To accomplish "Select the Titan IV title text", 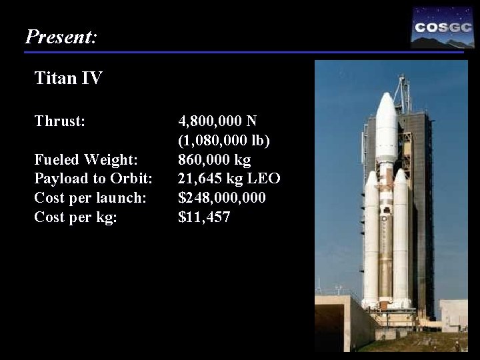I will click(x=68, y=79).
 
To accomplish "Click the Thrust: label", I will click(x=59, y=121).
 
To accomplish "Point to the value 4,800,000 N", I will click(x=217, y=121).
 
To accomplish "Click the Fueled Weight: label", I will click(x=86, y=160).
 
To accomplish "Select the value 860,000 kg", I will click(x=214, y=160).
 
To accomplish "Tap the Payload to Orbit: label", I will click(x=93, y=179).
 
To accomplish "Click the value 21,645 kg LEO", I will click(x=229, y=179).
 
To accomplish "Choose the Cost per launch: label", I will click(x=90, y=198).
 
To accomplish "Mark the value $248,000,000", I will click(x=222, y=198).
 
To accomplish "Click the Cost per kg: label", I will click(x=75, y=217).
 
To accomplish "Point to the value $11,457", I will click(x=204, y=217).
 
